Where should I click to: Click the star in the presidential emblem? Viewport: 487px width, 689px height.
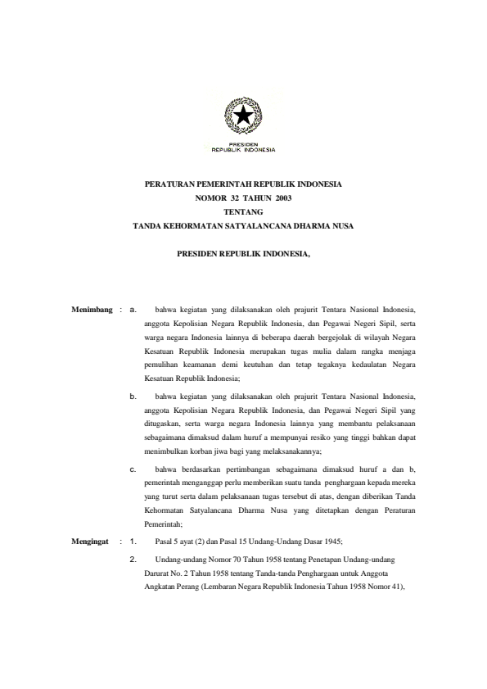243,117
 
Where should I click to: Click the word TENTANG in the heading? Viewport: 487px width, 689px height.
242,211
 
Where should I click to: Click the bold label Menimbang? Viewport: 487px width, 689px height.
91,310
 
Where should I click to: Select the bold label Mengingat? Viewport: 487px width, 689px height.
90,519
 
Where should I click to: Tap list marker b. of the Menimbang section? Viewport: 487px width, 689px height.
133,396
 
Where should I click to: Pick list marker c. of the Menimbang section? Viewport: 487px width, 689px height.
133,469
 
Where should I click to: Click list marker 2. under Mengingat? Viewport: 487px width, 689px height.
133,536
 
